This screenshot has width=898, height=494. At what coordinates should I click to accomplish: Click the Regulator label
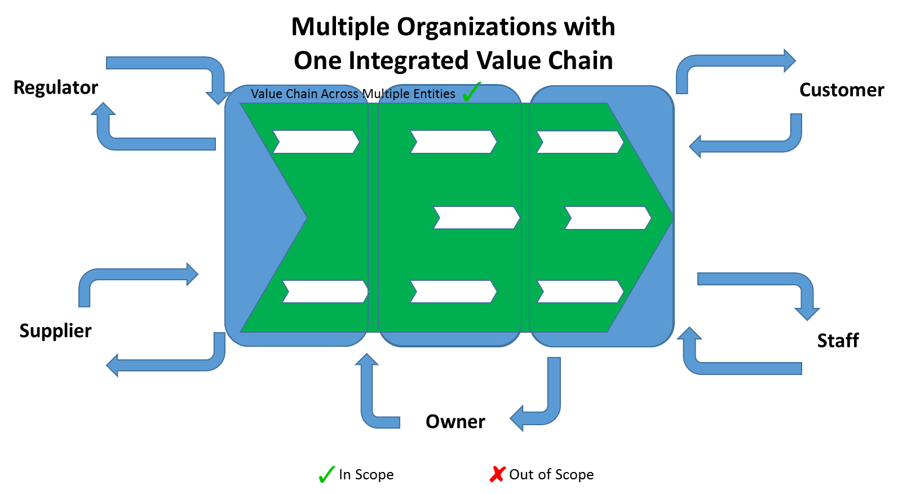click(56, 88)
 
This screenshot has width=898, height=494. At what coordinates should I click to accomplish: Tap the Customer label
click(842, 90)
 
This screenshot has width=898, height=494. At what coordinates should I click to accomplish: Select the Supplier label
click(55, 331)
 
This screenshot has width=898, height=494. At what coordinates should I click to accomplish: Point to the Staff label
click(838, 341)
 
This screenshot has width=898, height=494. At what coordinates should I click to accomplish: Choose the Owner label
click(455, 421)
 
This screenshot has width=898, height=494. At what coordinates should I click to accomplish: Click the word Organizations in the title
click(477, 27)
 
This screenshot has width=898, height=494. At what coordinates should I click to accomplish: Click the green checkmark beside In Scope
click(327, 474)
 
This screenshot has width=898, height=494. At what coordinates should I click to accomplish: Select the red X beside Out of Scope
click(497, 474)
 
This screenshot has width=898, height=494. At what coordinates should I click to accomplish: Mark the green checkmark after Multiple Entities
click(471, 92)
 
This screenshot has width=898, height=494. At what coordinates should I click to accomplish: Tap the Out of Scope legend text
click(551, 474)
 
